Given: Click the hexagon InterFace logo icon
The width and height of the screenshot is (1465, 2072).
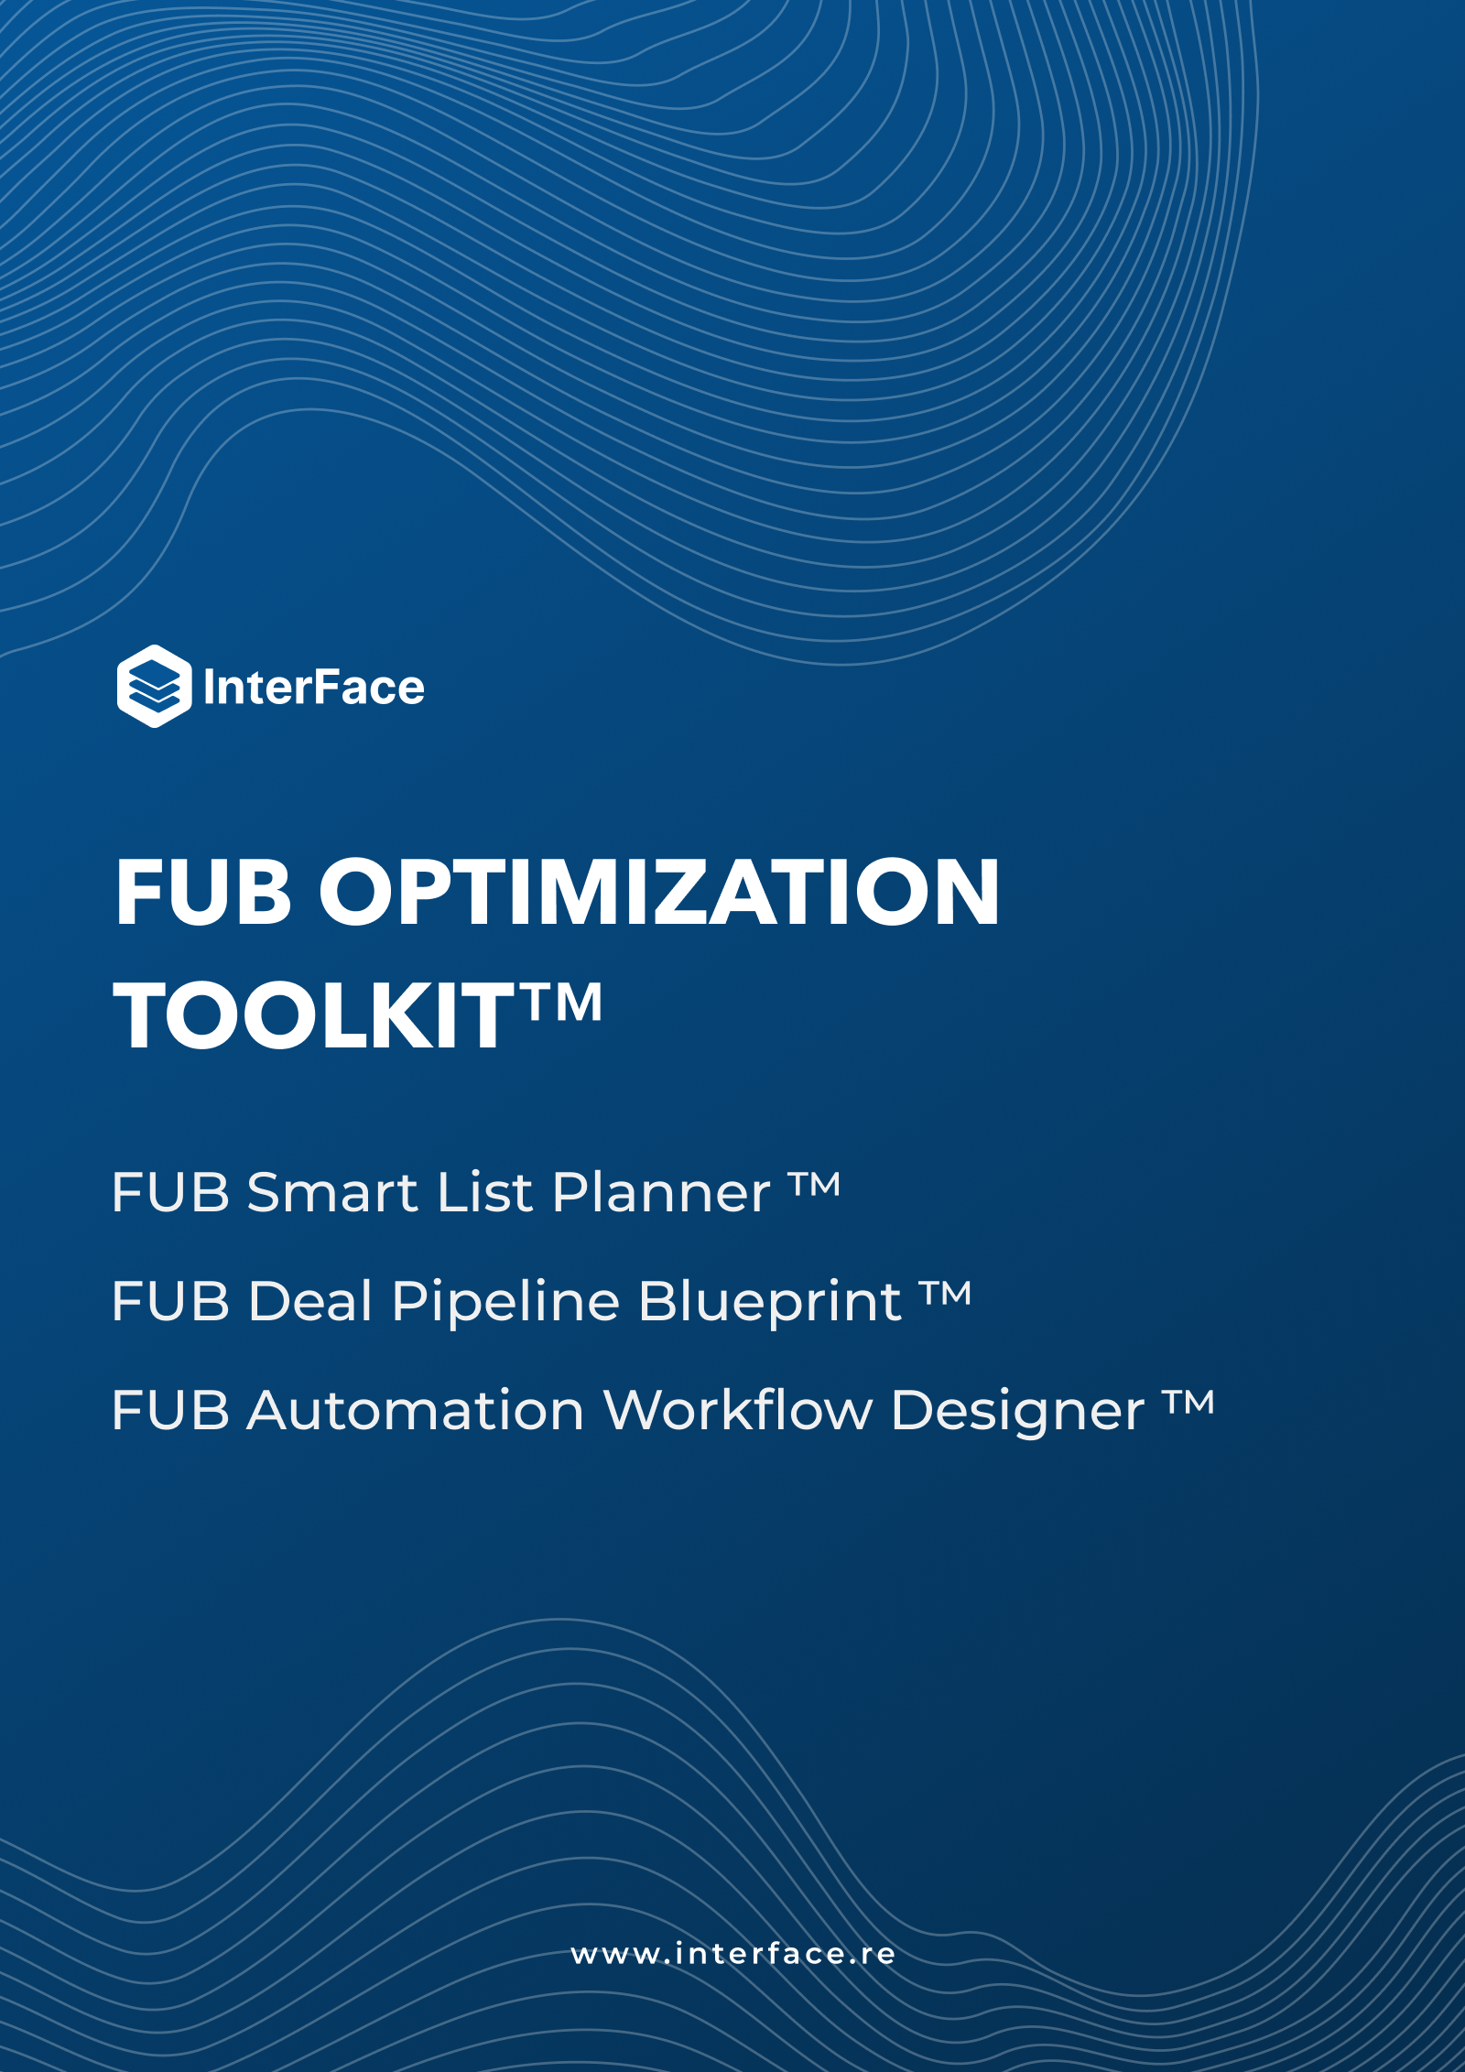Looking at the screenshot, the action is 155,686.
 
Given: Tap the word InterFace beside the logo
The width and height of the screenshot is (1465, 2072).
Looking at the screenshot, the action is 314,688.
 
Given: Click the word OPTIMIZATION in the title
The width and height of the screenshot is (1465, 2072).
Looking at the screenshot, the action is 659,893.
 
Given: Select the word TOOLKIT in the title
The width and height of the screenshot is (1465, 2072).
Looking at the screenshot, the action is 315,1015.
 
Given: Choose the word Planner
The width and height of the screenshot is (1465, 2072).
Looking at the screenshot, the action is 661,1194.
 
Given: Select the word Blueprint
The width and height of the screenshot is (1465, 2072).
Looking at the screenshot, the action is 770,1301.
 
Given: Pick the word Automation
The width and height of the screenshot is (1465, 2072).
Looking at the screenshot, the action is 416,1410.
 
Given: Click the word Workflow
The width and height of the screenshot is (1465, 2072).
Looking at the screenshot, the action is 738,1409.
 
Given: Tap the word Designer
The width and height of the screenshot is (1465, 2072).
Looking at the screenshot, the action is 1017,1411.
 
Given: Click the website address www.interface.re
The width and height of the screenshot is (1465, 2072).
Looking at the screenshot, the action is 733,1954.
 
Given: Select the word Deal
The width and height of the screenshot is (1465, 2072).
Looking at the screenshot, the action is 310,1301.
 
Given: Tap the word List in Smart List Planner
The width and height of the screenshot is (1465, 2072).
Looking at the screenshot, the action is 485,1193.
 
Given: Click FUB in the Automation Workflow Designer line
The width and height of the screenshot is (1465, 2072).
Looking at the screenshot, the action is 170,1410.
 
